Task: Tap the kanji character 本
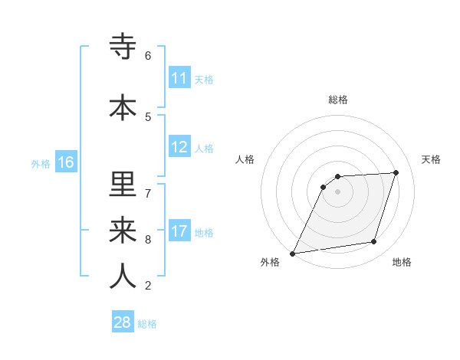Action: point(123,107)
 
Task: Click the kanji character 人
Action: point(123,276)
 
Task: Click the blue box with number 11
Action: point(179,78)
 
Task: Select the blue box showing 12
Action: point(179,148)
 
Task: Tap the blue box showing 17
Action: point(179,232)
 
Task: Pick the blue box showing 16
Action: point(66,162)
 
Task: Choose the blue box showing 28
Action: point(123,322)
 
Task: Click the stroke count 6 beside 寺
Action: point(148,55)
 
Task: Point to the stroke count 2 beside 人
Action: point(148,286)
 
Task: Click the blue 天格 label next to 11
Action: point(204,79)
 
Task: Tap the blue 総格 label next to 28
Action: point(147,323)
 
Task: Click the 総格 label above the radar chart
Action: point(338,100)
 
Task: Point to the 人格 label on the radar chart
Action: point(245,159)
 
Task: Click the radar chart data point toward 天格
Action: point(396,172)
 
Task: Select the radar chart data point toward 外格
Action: point(292,253)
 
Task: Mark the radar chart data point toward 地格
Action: point(374,242)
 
